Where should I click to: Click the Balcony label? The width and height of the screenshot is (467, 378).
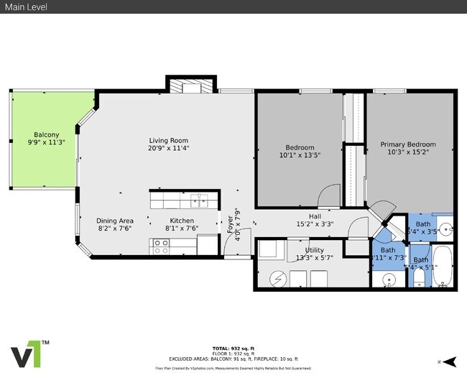coord(46,134)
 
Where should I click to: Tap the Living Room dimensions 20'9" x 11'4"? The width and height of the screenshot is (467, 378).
coord(169,149)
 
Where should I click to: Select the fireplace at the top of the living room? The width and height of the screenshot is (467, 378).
coord(191,87)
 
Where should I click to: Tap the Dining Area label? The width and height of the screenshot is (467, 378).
coord(115,221)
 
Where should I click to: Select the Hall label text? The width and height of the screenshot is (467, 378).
coord(315,216)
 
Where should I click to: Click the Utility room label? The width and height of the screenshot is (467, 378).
coord(314,250)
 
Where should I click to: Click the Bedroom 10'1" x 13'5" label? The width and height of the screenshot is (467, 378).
coord(297,149)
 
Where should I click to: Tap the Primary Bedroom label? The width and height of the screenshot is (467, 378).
coord(407,144)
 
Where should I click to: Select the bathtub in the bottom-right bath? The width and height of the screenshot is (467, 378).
coord(441,266)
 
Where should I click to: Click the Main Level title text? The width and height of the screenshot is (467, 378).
coord(27,6)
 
